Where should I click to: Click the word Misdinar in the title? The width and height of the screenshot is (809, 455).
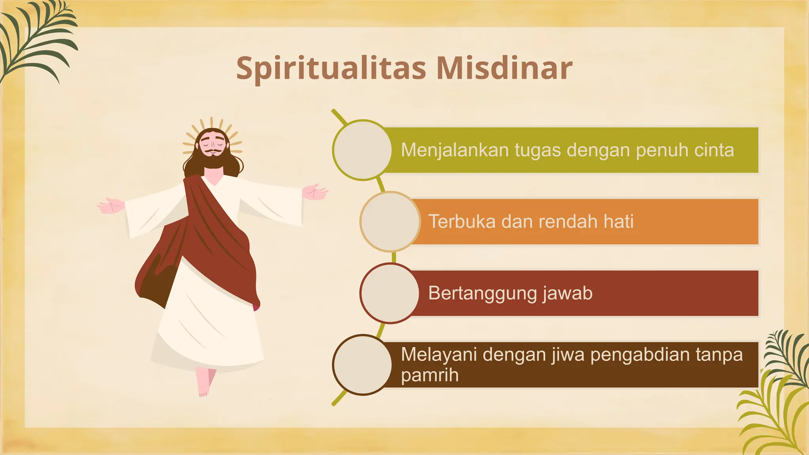click(504, 68)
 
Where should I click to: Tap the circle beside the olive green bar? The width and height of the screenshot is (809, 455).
click(362, 150)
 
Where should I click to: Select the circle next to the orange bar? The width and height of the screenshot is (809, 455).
click(390, 222)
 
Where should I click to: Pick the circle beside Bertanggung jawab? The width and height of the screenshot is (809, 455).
click(390, 293)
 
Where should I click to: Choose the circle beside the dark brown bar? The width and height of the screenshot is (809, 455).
click(362, 365)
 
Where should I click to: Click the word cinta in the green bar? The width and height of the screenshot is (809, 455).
click(714, 150)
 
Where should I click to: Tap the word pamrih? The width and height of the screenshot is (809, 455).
click(429, 375)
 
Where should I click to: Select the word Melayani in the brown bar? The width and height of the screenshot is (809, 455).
click(439, 354)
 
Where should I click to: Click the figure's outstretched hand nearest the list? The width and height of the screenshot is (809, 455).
click(315, 192)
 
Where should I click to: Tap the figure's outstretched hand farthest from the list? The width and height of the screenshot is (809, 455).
click(111, 205)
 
